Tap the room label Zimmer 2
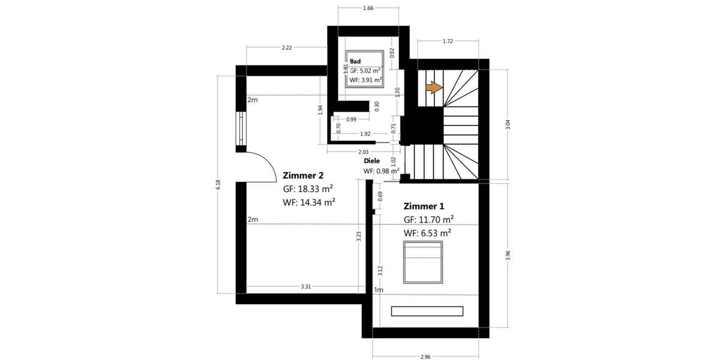click(303, 175)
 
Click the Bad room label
click(355, 61)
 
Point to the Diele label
click(372, 161)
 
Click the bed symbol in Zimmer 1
click(424, 262)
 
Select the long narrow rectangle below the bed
click(427, 311)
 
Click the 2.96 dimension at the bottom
click(425, 356)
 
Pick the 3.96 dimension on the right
click(508, 255)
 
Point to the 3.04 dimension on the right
click(508, 125)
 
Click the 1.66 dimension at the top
click(368, 8)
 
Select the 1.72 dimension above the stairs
click(447, 41)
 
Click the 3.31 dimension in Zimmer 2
click(305, 287)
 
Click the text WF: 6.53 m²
click(427, 233)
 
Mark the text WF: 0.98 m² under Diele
click(382, 171)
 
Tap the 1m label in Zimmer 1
click(378, 290)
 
